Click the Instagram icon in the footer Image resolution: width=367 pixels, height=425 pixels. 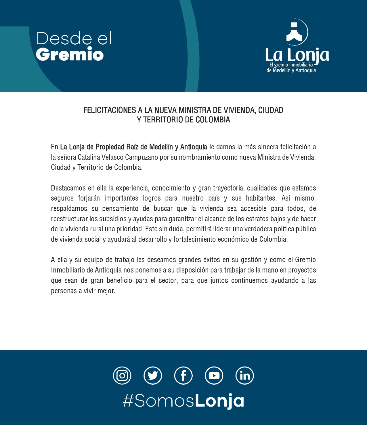tap(122, 376)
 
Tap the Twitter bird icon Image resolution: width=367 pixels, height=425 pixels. tap(153, 376)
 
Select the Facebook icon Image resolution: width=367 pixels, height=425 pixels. tap(183, 376)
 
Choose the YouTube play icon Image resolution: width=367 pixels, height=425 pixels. tap(214, 376)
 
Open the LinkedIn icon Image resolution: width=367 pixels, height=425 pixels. tap(245, 376)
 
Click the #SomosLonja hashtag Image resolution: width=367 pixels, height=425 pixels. tap(183, 401)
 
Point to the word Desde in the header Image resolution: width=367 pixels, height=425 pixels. tap(64, 39)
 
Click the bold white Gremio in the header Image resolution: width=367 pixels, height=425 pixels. tap(70, 54)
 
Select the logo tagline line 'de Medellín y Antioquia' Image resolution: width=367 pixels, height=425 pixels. tap(291, 70)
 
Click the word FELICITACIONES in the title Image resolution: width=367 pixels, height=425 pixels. tap(110, 110)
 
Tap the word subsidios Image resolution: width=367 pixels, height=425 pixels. tap(113, 219)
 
